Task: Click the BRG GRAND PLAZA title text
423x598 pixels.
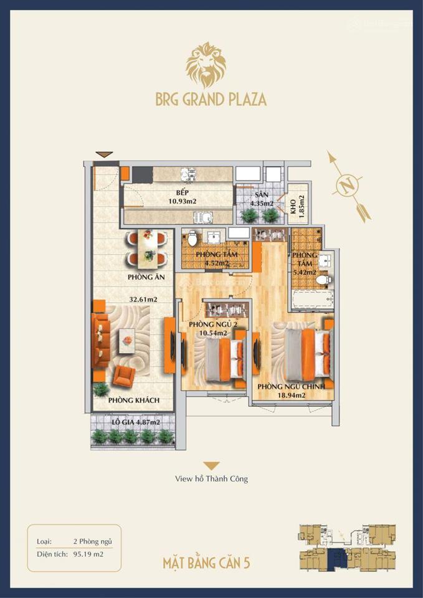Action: tap(211, 100)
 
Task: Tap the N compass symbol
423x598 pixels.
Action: tap(349, 185)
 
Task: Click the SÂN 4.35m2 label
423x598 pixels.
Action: tap(259, 198)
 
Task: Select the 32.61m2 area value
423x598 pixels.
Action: tap(143, 299)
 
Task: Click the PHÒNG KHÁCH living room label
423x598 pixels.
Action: tap(133, 400)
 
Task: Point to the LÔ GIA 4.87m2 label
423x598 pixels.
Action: tap(136, 422)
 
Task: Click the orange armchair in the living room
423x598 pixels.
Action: tap(124, 376)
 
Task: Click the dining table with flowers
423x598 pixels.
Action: tap(147, 247)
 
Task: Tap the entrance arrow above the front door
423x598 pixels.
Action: tap(104, 154)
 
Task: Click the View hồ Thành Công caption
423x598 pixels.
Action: tap(211, 479)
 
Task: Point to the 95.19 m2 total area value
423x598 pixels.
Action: tap(88, 552)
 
